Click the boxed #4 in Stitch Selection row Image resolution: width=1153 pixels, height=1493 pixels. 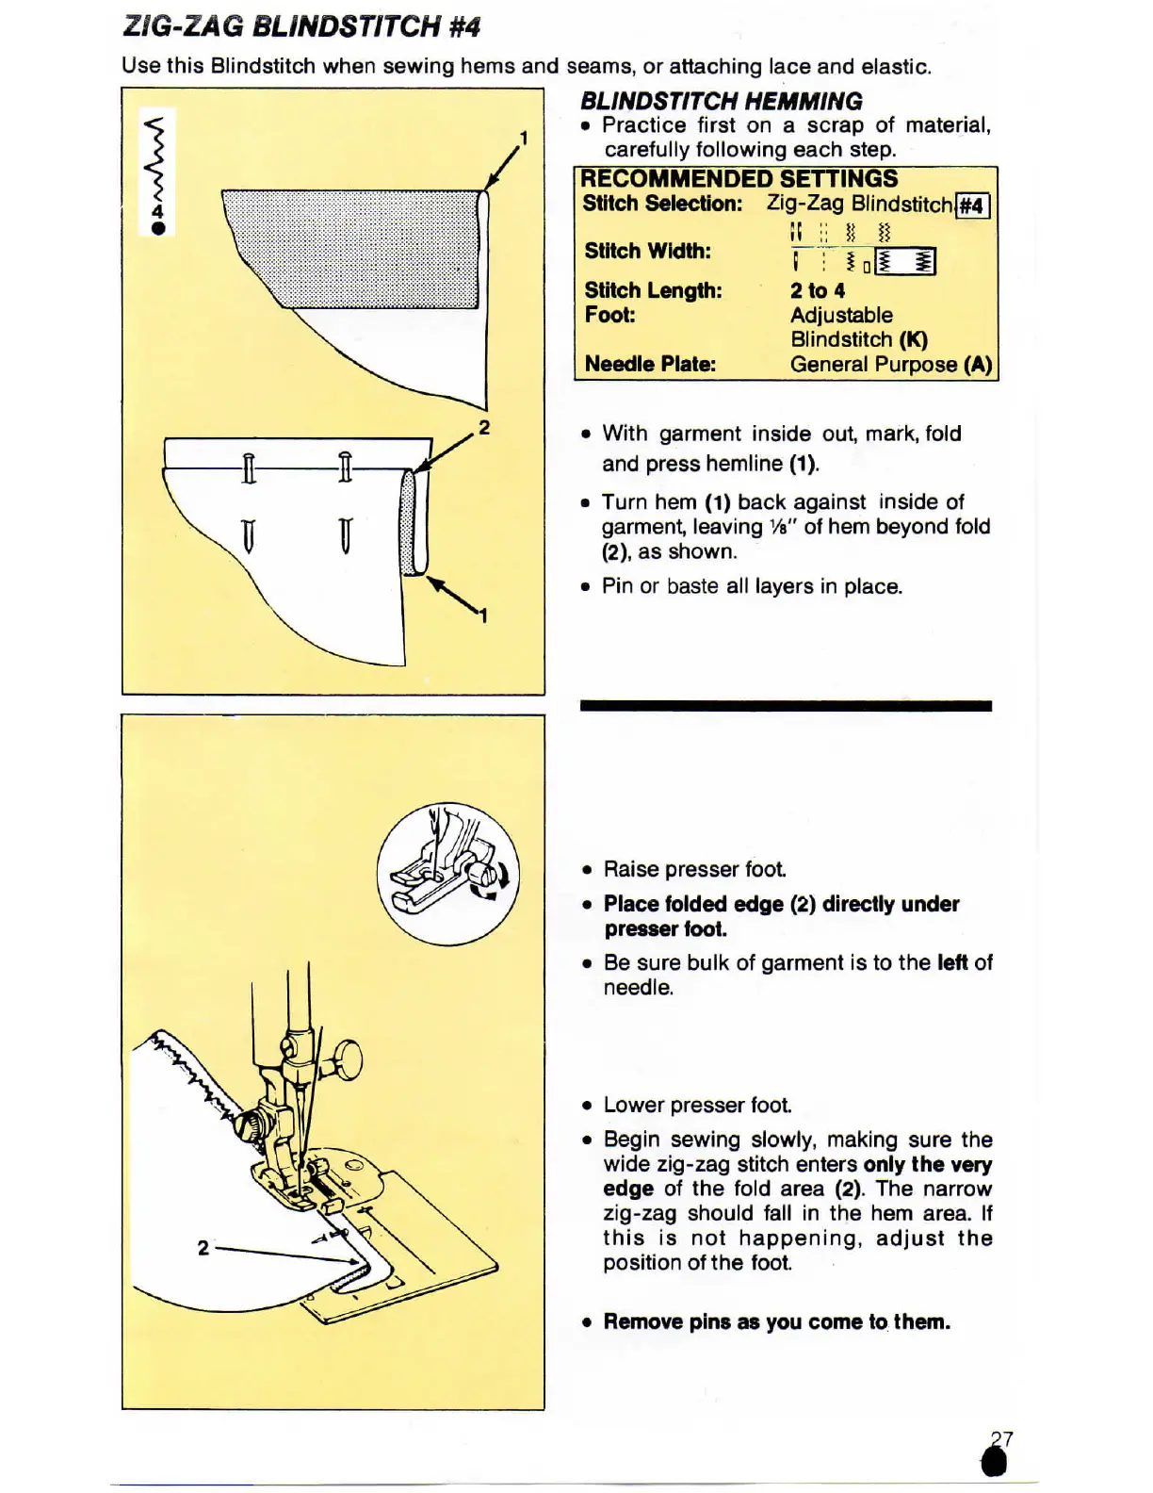click(972, 205)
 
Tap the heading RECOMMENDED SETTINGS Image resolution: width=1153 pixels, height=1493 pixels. click(739, 179)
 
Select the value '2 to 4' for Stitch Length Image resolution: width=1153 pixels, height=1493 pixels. click(817, 291)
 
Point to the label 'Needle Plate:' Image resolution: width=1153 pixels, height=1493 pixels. click(650, 364)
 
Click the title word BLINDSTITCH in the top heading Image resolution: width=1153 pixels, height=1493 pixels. click(346, 25)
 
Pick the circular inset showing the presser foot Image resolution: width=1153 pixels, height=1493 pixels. click(447, 874)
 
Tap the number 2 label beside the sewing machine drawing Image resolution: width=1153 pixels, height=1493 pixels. click(203, 1248)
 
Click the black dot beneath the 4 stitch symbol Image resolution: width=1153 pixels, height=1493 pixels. click(158, 228)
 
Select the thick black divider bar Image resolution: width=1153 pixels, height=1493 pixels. click(786, 705)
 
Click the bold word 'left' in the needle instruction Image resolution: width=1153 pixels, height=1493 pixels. click(951, 962)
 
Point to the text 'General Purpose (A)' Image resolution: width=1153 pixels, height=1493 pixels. click(891, 365)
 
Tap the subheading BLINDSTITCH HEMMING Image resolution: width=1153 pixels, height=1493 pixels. click(721, 101)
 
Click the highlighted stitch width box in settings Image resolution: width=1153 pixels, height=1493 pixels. click(905, 262)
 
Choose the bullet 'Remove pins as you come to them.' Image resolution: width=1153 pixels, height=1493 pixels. click(776, 1321)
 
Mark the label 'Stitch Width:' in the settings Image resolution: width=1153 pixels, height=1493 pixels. click(647, 251)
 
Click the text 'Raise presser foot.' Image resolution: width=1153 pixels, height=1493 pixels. click(694, 869)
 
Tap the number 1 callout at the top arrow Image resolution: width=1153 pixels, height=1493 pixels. click(524, 139)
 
